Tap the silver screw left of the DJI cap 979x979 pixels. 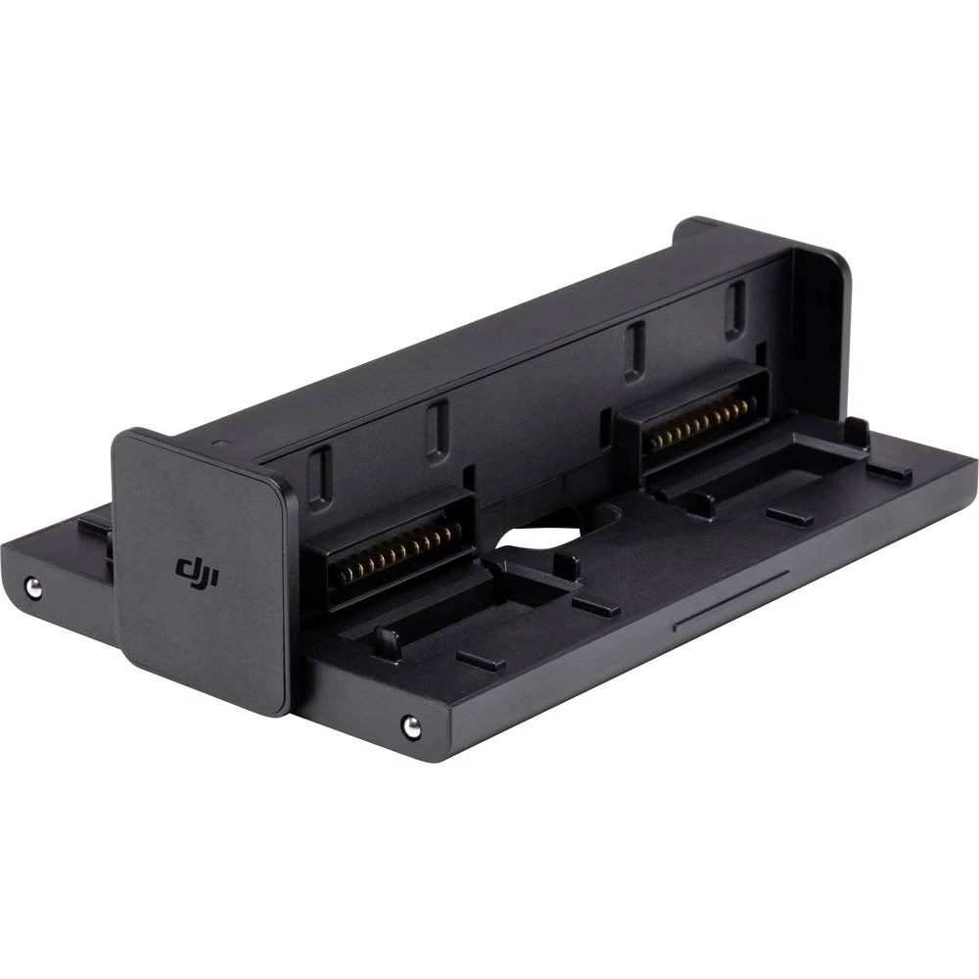pos(33,587)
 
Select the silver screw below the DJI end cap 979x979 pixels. pos(411,725)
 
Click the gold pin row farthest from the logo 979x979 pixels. pos(703,422)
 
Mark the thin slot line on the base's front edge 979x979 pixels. pos(731,599)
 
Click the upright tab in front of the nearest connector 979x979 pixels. pos(386,642)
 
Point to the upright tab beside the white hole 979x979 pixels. pos(566,565)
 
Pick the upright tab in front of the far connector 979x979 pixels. pos(698,503)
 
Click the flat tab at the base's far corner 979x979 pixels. pos(889,471)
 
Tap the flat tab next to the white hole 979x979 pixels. pos(595,607)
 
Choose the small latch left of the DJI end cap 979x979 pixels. pos(95,529)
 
